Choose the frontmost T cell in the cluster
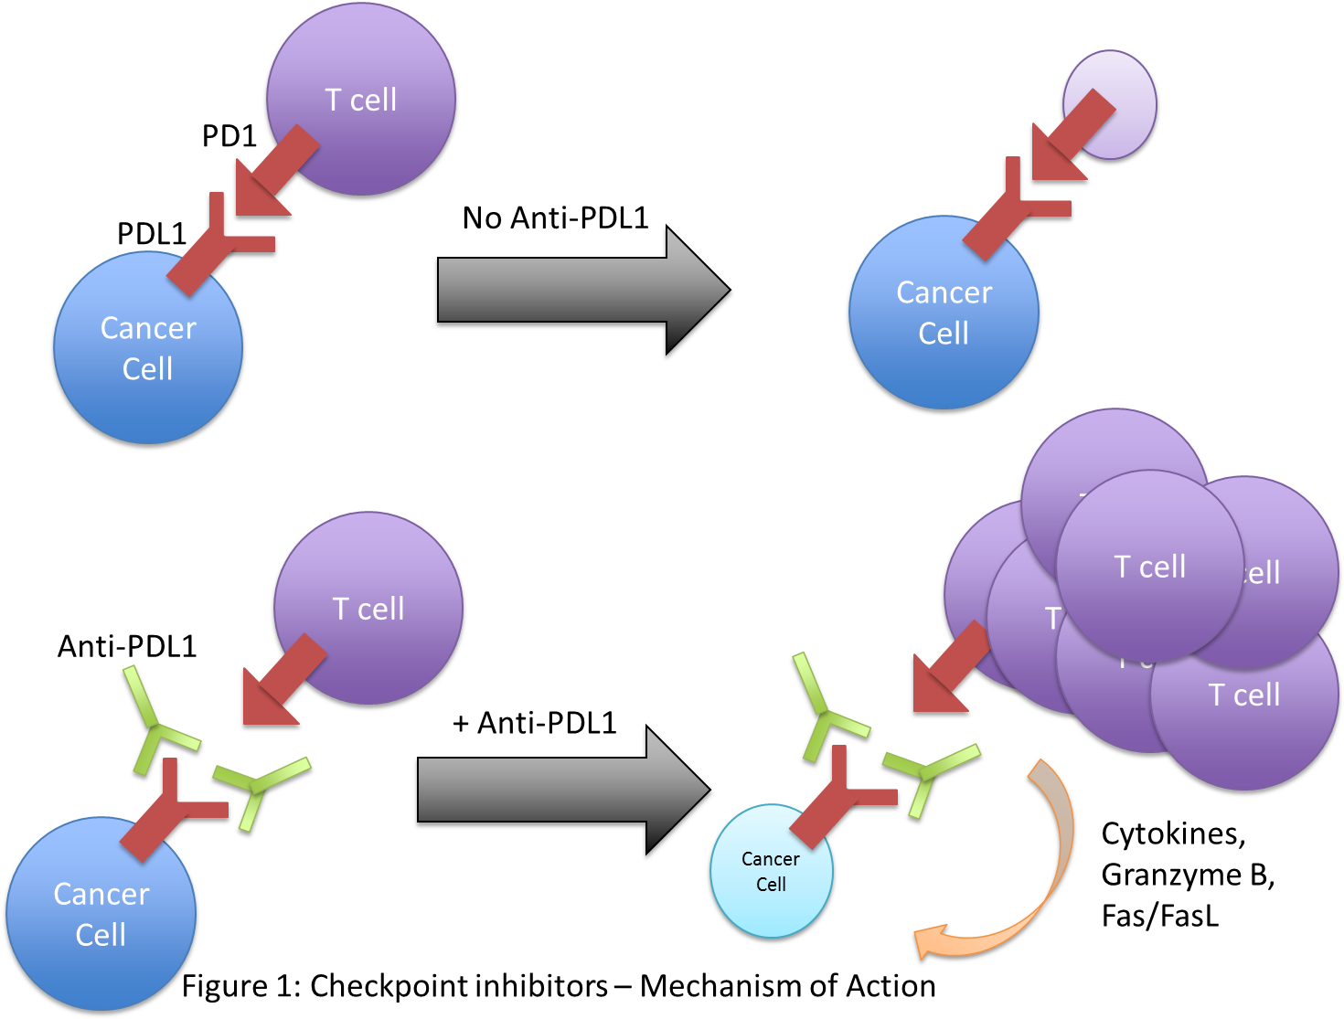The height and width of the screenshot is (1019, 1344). tap(1149, 567)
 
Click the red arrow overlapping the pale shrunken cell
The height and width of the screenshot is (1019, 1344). tap(1070, 137)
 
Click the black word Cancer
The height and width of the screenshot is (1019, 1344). tap(770, 859)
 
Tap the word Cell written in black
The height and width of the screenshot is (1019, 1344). tap(771, 885)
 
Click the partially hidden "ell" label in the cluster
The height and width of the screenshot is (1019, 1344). tap(1263, 574)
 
